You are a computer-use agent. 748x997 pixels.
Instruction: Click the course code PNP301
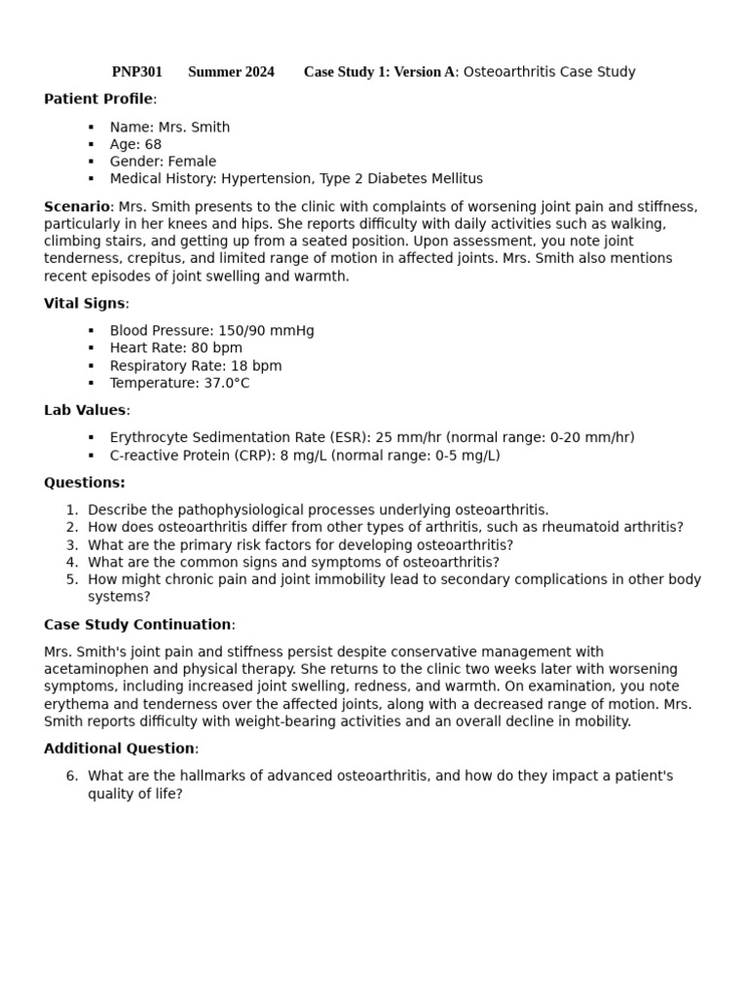[x=136, y=72]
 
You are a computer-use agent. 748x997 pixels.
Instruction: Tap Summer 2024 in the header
[x=231, y=72]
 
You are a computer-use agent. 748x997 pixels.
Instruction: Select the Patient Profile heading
[x=98, y=99]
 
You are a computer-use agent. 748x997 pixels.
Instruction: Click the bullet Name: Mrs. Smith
[x=169, y=128]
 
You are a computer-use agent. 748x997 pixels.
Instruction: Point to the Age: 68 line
[x=135, y=144]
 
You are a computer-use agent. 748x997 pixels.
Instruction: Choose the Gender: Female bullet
[x=163, y=162]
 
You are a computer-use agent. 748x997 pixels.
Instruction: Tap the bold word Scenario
[x=77, y=206]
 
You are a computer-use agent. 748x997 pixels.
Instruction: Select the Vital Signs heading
[x=85, y=304]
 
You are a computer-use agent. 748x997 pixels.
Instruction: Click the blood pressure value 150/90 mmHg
[x=266, y=331]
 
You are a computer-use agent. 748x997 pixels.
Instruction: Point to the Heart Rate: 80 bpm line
[x=175, y=349]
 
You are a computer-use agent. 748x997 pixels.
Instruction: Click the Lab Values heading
[x=85, y=411]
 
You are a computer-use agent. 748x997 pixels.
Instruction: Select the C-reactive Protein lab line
[x=304, y=456]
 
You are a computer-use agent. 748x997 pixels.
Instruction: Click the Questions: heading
[x=85, y=483]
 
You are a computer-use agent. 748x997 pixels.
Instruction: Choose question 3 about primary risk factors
[x=300, y=545]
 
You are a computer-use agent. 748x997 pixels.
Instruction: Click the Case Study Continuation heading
[x=137, y=625]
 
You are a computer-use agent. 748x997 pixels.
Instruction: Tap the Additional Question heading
[x=119, y=749]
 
